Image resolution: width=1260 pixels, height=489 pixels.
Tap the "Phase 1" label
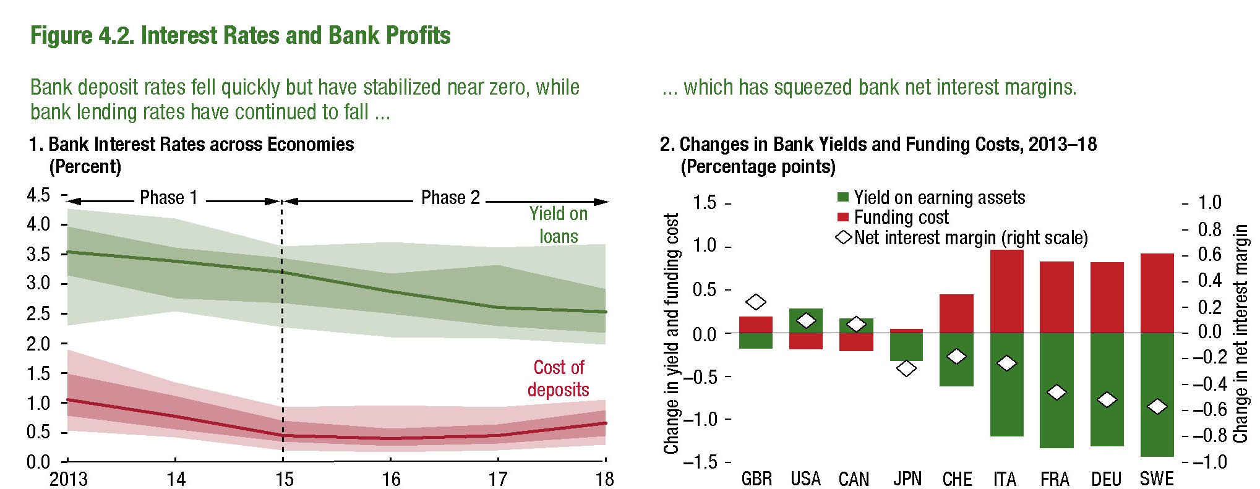tap(168, 198)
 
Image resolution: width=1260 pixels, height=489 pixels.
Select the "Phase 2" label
tap(450, 198)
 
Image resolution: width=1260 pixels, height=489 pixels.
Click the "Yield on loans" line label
tap(559, 225)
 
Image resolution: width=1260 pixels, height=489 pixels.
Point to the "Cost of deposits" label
tap(559, 378)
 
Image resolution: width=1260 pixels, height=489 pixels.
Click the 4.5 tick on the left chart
tap(38, 195)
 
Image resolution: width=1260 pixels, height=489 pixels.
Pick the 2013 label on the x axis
tap(68, 479)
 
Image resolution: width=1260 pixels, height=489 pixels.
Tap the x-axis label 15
tap(284, 479)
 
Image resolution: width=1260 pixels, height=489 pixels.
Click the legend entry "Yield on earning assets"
tap(939, 198)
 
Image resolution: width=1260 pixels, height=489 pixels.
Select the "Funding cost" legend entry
tap(901, 218)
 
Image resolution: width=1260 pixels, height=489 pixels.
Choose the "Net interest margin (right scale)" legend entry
tap(970, 238)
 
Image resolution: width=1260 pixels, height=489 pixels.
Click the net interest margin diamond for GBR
tap(756, 302)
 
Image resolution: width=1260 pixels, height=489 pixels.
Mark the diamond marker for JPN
tap(906, 368)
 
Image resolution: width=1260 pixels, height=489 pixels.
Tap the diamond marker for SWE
tap(1157, 406)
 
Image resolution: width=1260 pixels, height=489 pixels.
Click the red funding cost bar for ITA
tap(1006, 291)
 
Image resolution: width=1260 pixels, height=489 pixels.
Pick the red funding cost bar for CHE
tap(956, 313)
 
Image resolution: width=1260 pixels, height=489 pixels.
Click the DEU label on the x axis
tap(1106, 479)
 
